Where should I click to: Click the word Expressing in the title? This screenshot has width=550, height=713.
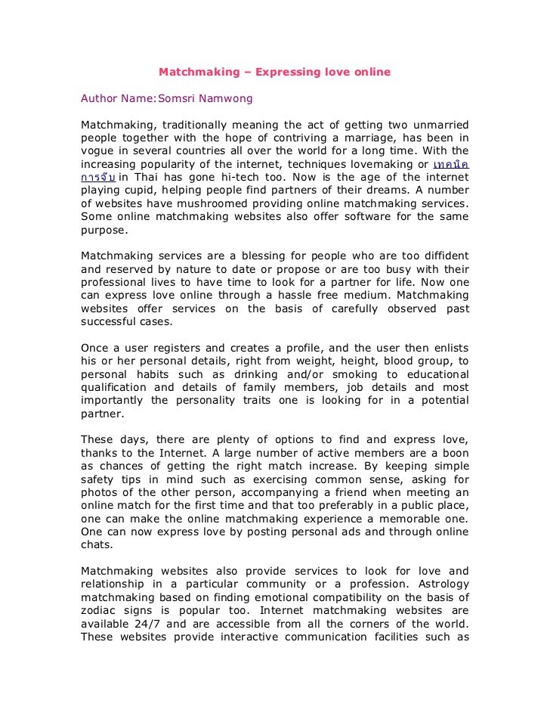click(283, 73)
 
